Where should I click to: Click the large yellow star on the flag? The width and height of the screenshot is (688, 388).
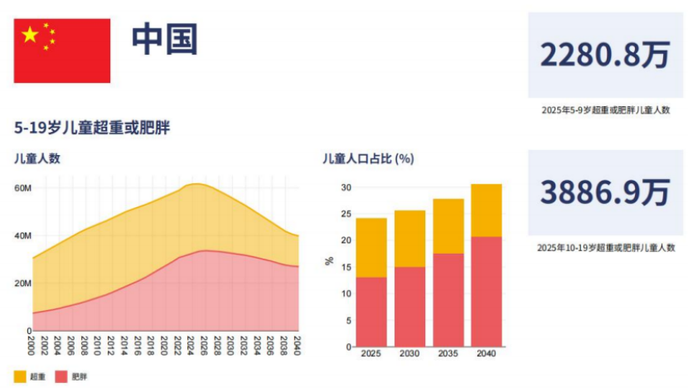[31, 35]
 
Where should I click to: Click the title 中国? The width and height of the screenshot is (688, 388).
[164, 39]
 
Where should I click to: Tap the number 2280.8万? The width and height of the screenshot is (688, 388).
[604, 56]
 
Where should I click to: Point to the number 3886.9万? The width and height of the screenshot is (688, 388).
[604, 193]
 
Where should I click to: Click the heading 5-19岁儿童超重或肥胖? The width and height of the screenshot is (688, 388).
[92, 128]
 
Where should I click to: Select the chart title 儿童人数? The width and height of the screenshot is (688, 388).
[37, 158]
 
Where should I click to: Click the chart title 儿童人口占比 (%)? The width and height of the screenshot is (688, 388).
[367, 158]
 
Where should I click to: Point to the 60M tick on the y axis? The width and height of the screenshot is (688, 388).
[22, 188]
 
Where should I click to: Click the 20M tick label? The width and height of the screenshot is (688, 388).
[22, 284]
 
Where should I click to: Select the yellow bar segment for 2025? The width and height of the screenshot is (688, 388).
[371, 247]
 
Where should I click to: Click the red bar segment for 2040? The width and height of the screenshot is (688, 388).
[486, 291]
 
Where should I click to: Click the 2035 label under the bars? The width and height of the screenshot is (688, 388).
[448, 354]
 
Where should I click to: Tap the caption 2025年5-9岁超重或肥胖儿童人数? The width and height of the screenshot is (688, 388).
[604, 109]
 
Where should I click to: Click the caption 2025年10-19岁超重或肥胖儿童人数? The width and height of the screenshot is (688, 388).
[604, 247]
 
